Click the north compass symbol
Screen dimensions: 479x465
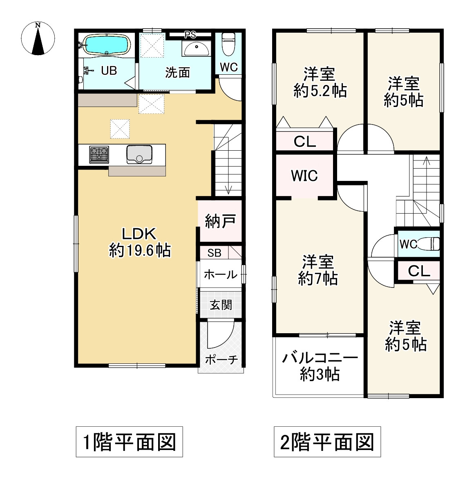click(x=38, y=38)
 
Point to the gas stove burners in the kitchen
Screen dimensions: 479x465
click(x=99, y=155)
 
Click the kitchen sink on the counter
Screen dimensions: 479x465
click(x=139, y=154)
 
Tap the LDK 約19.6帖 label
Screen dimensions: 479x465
click(x=140, y=242)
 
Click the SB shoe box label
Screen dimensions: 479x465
click(x=214, y=253)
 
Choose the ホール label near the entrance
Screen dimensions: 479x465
click(x=220, y=274)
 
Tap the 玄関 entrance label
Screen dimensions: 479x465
click(x=221, y=305)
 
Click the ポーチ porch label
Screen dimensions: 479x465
click(x=221, y=359)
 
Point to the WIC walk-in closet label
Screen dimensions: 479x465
click(x=304, y=176)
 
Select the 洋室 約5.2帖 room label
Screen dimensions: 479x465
click(x=320, y=82)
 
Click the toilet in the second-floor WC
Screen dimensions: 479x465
click(x=433, y=244)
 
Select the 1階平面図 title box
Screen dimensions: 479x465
click(x=129, y=442)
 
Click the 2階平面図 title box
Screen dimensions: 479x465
click(x=327, y=442)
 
